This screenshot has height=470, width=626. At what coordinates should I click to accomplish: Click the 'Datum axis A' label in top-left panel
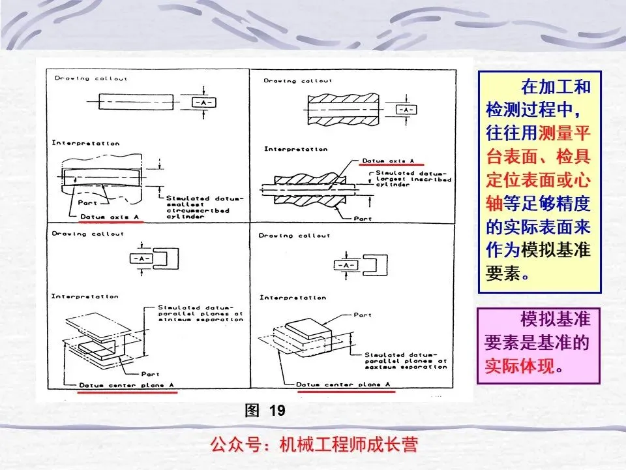click(x=110, y=216)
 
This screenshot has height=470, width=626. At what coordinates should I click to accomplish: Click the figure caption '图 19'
click(x=265, y=411)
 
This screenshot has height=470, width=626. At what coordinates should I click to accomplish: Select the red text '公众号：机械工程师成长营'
click(x=313, y=445)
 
